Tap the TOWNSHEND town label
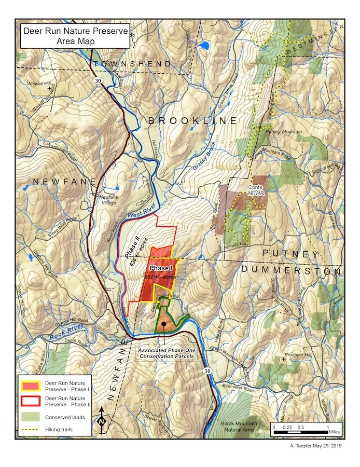(x=132, y=64)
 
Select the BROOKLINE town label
(x=192, y=120)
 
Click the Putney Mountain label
(x=283, y=132)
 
